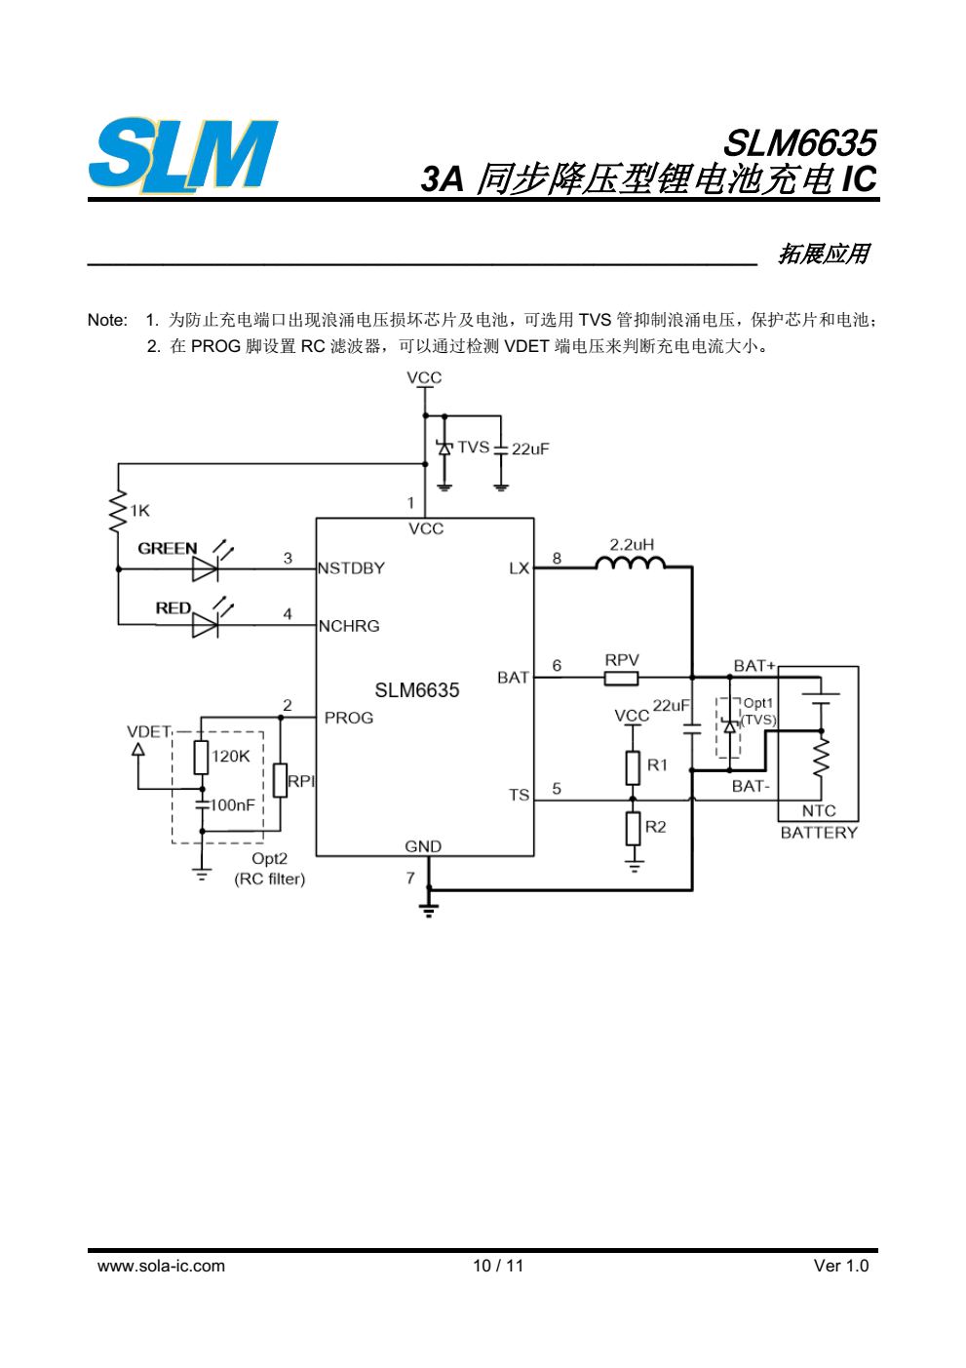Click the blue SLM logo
(183, 154)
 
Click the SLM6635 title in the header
(800, 143)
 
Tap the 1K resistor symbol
(118, 511)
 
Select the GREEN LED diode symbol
(206, 569)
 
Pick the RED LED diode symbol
(206, 625)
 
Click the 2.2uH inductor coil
(630, 562)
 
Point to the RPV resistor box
(621, 678)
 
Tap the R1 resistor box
(633, 767)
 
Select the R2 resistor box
(633, 829)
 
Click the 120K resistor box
(201, 758)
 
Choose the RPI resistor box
(281, 780)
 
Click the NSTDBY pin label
(351, 567)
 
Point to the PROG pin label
(349, 718)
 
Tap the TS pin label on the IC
(519, 795)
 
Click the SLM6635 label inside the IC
(416, 690)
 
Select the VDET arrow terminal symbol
(138, 748)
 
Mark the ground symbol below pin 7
(429, 910)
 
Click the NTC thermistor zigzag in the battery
(822, 757)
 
